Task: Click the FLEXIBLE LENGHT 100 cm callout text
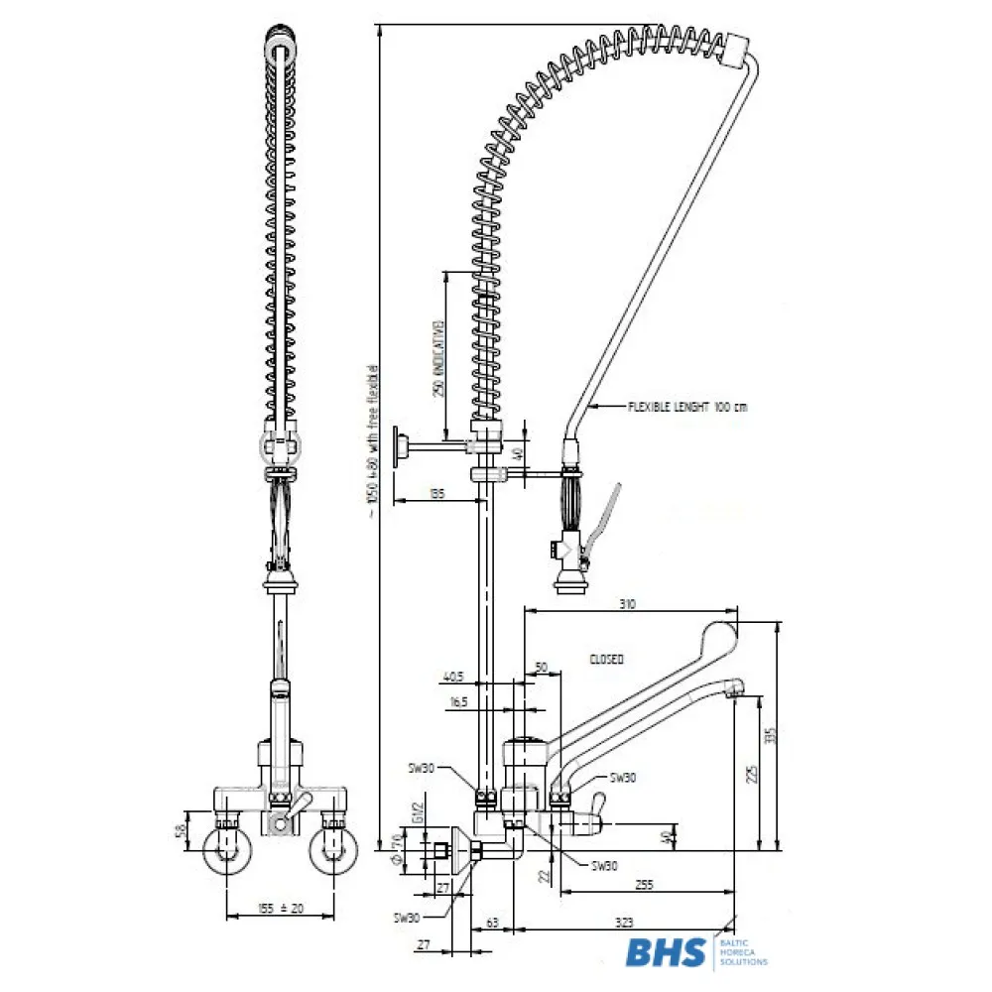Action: tap(688, 407)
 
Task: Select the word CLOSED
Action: tap(606, 659)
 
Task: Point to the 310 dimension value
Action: tap(626, 603)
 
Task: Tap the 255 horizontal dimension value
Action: tap(644, 883)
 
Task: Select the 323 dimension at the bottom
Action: tap(625, 924)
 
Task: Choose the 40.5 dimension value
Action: tap(454, 679)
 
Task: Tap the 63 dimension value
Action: tap(492, 924)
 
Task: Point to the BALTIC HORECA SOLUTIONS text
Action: tap(742, 952)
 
